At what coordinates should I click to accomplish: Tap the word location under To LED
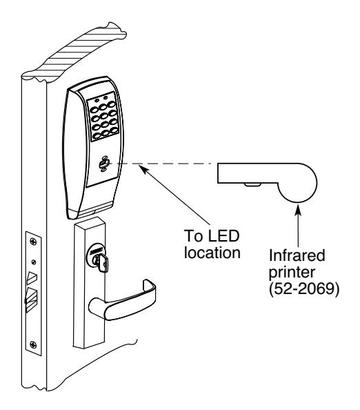[212, 253]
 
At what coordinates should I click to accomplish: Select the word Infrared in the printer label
[297, 255]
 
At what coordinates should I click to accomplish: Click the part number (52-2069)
[304, 289]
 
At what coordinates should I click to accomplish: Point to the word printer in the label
[292, 272]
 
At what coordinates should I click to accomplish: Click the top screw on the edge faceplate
[33, 241]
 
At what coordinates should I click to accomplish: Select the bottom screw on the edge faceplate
[33, 344]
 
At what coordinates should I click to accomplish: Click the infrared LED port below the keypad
[103, 164]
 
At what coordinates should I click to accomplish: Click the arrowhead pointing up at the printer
[298, 208]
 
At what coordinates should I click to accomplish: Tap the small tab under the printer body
[252, 184]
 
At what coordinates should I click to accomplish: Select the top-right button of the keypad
[112, 104]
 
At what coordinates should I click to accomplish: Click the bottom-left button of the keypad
[97, 136]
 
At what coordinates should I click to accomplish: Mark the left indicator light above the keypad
[97, 100]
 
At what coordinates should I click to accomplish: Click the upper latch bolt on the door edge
[32, 277]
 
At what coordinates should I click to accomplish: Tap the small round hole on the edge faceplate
[33, 262]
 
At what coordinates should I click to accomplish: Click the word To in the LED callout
[193, 235]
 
